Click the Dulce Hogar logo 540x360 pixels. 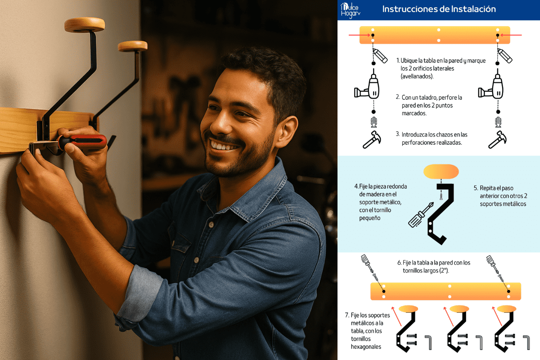(350, 10)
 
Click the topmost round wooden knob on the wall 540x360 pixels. (85, 25)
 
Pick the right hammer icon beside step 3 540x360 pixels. (498, 139)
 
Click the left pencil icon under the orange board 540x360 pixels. (380, 56)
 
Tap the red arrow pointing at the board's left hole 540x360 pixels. (360, 35)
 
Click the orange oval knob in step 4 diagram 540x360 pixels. (441, 171)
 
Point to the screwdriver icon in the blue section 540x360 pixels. (421, 215)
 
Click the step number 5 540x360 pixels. (476, 188)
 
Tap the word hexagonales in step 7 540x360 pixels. (366, 347)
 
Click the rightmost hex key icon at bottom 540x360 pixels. (526, 342)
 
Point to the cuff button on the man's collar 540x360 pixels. (211, 225)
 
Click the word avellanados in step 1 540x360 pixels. (417, 76)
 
